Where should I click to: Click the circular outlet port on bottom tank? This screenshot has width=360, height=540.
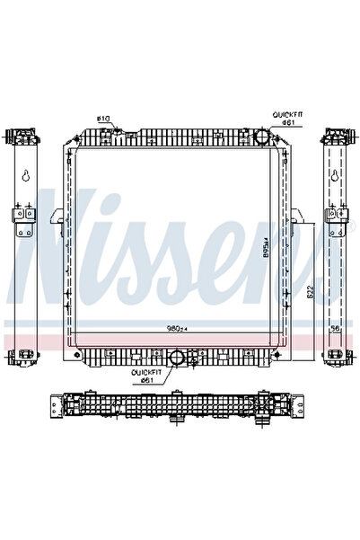click(x=178, y=359)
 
